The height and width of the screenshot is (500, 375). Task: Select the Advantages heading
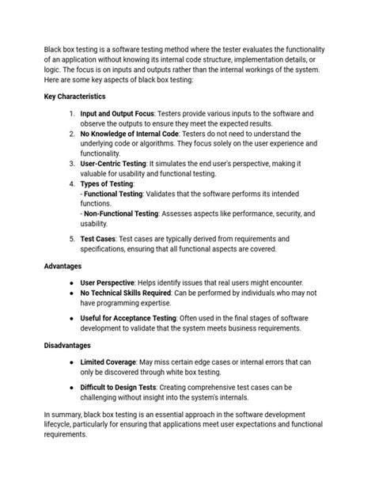[x=65, y=267]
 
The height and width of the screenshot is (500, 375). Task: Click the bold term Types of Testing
[x=107, y=183]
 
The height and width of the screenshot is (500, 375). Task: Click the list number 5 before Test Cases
[x=71, y=237]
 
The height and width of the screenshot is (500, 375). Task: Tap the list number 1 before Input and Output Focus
[x=71, y=113]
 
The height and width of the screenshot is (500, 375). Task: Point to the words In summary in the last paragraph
[x=62, y=414]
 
